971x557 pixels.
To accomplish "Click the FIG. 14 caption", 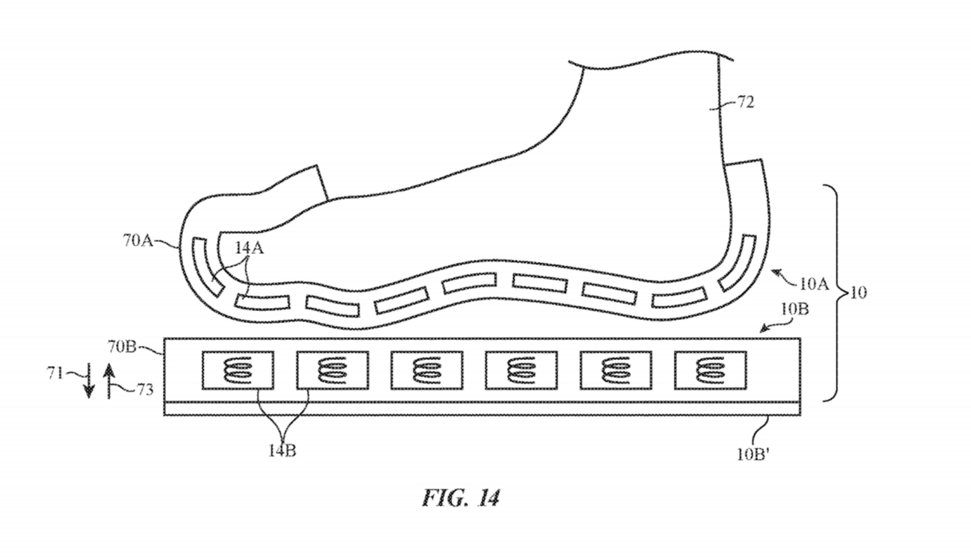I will pyautogui.click(x=461, y=498).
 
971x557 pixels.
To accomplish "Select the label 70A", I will pyautogui.click(x=137, y=241).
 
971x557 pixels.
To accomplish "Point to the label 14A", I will pyautogui.click(x=249, y=249).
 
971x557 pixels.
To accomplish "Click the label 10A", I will pyautogui.click(x=814, y=284).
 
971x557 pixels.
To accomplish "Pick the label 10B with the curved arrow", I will pyautogui.click(x=794, y=309).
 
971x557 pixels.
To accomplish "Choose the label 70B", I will pyautogui.click(x=122, y=347).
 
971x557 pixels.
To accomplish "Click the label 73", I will pyautogui.click(x=145, y=390).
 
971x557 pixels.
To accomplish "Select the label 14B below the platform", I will pyautogui.click(x=282, y=451).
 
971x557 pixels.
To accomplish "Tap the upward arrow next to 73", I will pyautogui.click(x=109, y=381).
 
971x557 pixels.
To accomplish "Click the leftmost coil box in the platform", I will pyautogui.click(x=238, y=370).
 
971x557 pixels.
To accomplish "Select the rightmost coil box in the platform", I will pyautogui.click(x=710, y=370).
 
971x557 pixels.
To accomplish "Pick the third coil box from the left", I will pyautogui.click(x=427, y=370).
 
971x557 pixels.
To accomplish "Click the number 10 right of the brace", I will pyautogui.click(x=858, y=293).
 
